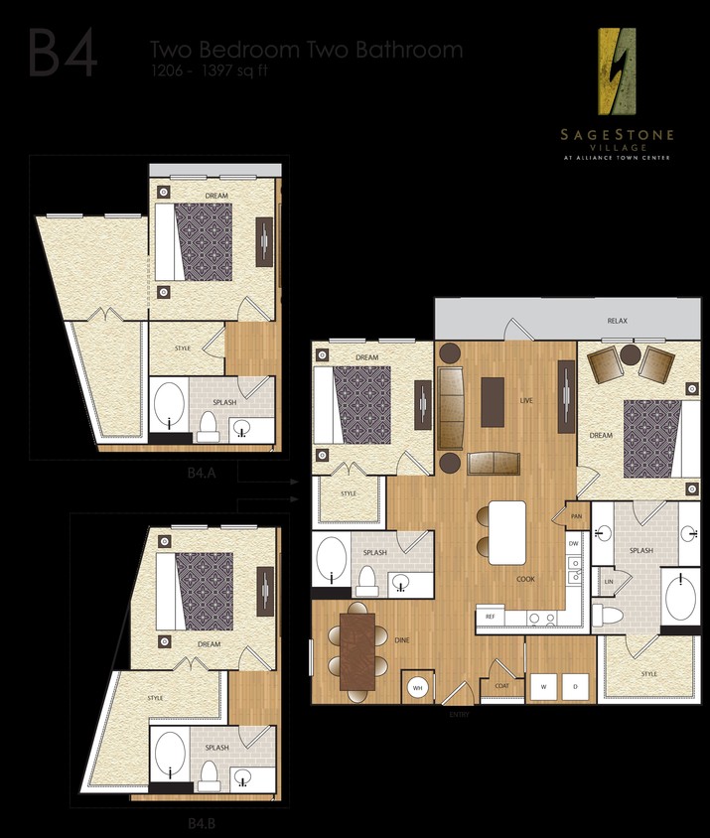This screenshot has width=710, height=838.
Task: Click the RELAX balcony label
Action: click(618, 321)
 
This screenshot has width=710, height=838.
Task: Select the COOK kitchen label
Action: click(525, 578)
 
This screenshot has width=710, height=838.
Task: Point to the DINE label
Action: click(402, 640)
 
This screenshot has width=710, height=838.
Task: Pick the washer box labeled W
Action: click(543, 686)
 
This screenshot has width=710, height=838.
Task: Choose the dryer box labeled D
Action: click(574, 686)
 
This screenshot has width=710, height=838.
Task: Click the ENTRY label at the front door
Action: click(459, 714)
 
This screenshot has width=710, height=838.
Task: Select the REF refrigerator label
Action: click(491, 617)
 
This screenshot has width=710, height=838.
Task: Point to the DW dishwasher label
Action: click(573, 543)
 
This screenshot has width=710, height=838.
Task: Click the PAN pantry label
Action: click(576, 516)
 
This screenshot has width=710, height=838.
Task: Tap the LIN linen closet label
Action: click(608, 581)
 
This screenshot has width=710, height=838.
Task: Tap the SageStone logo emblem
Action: click(616, 70)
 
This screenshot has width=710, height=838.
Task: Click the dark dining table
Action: click(357, 649)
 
